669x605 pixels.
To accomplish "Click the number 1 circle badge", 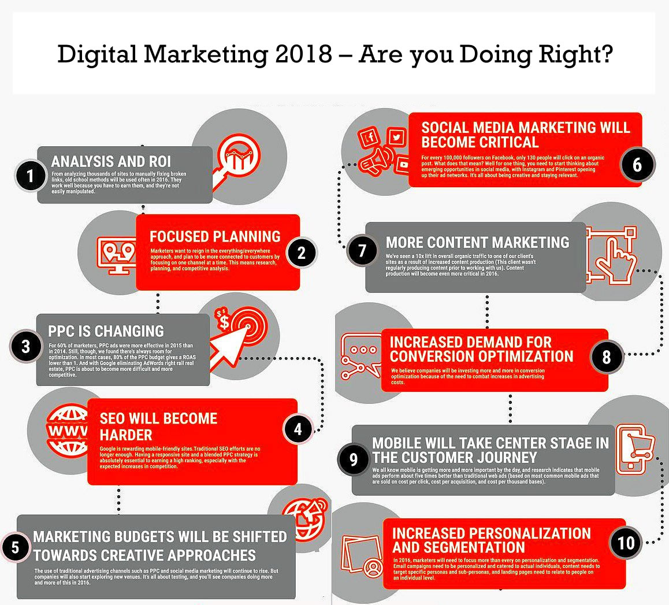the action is [30, 176].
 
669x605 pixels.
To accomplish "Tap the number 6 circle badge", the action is [637, 165].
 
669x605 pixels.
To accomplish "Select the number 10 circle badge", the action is [626, 543].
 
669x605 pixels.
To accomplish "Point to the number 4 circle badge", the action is [298, 429].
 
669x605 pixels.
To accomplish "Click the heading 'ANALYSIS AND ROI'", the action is [111, 161].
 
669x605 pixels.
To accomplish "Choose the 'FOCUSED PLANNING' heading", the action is [215, 236].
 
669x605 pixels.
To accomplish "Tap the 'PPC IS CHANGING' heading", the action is [106, 331].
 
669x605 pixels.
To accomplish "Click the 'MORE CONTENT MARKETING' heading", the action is [477, 242].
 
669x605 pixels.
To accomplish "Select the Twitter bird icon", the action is [397, 138].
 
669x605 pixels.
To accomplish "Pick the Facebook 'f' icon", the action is [370, 138].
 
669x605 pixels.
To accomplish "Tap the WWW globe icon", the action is [68, 430].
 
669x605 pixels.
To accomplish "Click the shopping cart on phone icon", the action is [635, 449].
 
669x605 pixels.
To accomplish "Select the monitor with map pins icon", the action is [117, 255].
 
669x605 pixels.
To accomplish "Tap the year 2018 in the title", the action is [303, 54].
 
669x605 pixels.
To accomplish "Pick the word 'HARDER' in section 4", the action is [126, 435].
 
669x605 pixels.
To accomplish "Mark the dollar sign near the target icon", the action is [224, 321].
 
